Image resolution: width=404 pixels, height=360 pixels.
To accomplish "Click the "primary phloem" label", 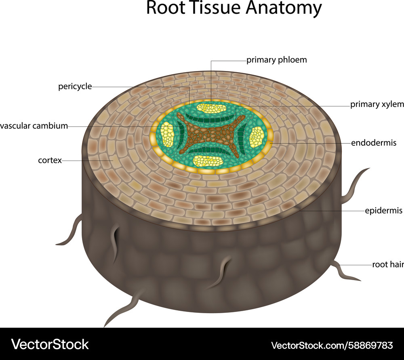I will [x=277, y=60].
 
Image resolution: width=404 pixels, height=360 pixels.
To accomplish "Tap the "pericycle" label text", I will [x=75, y=86].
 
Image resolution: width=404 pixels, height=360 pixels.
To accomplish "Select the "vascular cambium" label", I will [x=34, y=126].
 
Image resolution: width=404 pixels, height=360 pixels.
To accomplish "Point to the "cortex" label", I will [x=50, y=160].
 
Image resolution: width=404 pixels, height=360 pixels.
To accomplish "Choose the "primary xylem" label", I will [x=377, y=105].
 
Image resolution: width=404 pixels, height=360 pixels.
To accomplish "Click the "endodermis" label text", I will [x=374, y=143].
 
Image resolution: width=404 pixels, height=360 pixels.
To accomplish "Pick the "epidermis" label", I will [x=383, y=211].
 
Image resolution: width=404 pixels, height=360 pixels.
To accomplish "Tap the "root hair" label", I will [x=387, y=265].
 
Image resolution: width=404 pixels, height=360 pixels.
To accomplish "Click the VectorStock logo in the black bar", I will [x=50, y=344].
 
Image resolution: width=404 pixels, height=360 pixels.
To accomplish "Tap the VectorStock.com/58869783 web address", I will [x=332, y=345].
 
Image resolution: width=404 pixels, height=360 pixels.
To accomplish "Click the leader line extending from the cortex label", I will [x=87, y=161].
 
